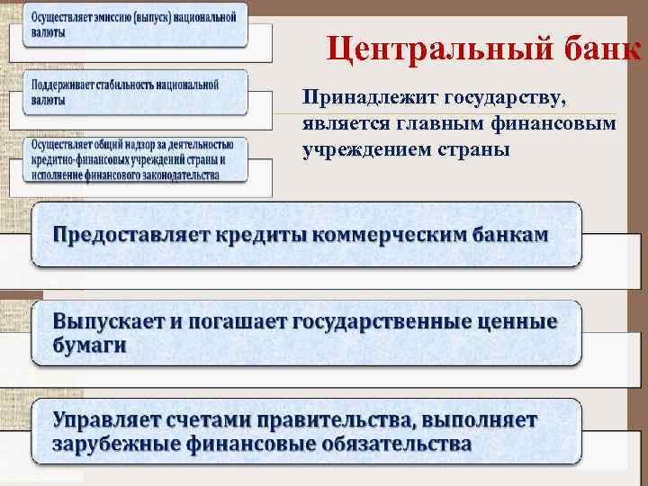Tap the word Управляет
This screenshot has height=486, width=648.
(x=113, y=419)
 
